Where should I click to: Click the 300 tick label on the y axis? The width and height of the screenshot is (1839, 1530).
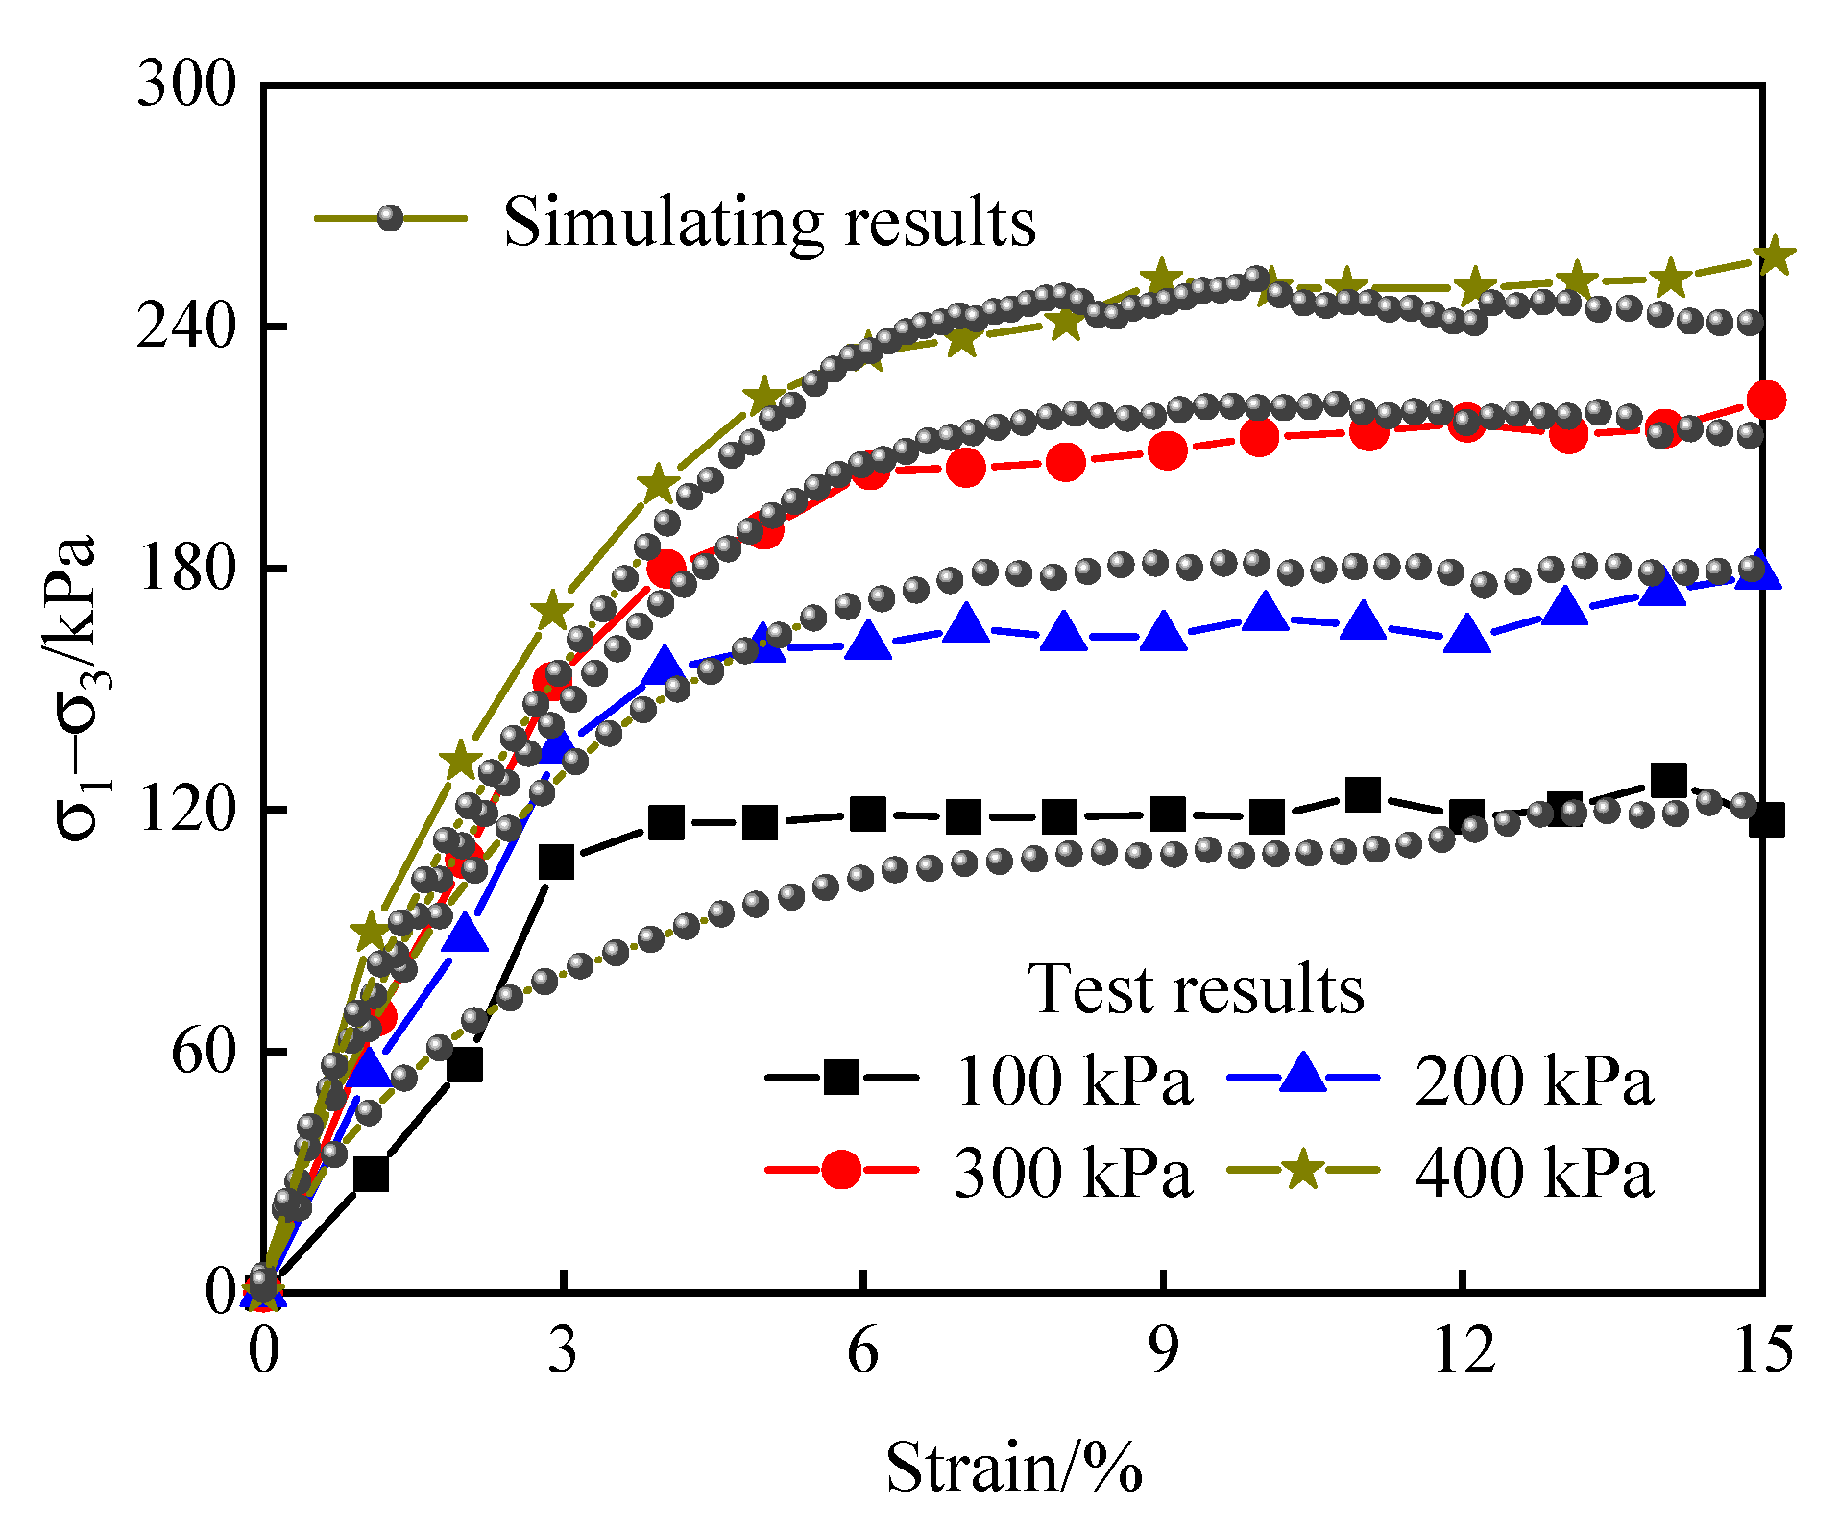[x=186, y=85]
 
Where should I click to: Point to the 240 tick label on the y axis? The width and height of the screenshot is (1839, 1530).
[x=186, y=327]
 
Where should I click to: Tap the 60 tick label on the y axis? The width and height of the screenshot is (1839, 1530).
[x=204, y=1051]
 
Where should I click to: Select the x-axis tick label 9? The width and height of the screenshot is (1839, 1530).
[x=1163, y=1349]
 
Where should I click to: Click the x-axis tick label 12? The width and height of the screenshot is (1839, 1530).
[x=1463, y=1349]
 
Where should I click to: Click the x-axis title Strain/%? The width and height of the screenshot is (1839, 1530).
[x=1013, y=1468]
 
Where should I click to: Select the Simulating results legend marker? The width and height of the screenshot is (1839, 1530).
[x=390, y=218]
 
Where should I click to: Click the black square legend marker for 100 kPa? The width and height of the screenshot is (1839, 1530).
[x=841, y=1077]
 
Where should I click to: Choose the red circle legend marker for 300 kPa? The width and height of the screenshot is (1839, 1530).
[x=841, y=1169]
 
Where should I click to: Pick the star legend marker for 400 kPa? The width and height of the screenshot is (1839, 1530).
[x=1303, y=1169]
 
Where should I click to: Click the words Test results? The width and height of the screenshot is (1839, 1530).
[x=1195, y=989]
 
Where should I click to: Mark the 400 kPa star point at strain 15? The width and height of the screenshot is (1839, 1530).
[x=1773, y=256]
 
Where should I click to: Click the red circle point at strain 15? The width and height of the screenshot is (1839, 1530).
[x=1766, y=400]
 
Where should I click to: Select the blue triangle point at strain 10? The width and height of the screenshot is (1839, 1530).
[x=1265, y=612]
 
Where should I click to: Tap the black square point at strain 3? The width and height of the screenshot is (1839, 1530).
[x=556, y=862]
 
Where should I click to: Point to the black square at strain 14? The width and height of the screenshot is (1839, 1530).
[x=1668, y=781]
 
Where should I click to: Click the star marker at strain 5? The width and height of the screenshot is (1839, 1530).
[x=763, y=395]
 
